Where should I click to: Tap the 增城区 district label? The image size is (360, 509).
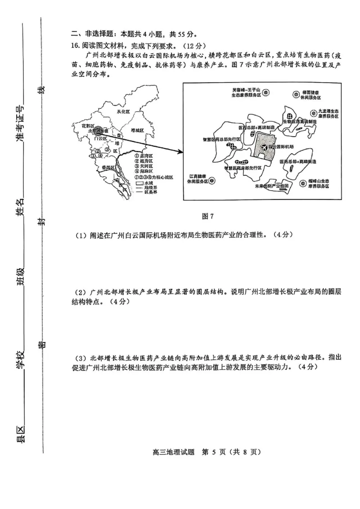click(137, 130)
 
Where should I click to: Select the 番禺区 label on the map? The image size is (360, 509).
click(108, 167)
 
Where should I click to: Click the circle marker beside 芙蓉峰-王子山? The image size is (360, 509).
click(266, 93)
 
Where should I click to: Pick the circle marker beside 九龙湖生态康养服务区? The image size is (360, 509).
click(314, 112)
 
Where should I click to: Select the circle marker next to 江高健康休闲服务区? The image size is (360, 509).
click(212, 180)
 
